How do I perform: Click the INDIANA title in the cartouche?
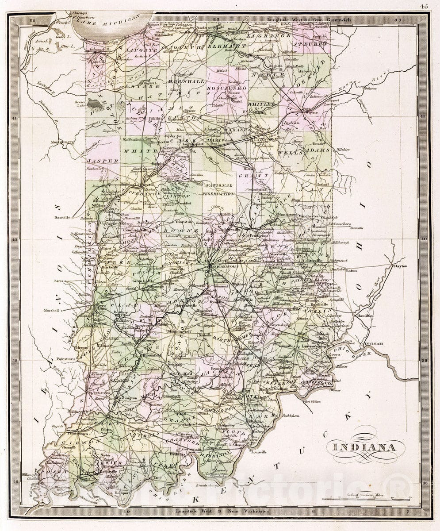point(362,447)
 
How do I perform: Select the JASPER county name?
point(103,161)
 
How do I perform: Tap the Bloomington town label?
point(179,331)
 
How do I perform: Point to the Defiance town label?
point(371,88)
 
